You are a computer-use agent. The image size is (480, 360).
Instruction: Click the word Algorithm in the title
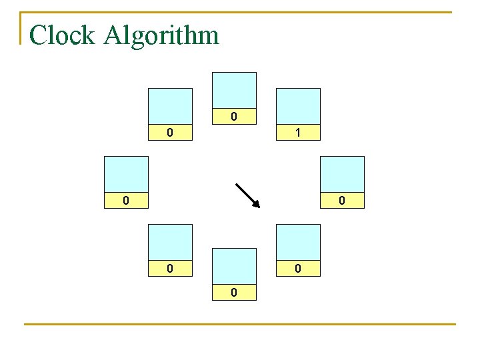point(161,36)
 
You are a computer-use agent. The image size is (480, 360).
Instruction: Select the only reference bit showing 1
point(298,133)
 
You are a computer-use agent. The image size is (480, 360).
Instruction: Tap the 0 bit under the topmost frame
point(234,117)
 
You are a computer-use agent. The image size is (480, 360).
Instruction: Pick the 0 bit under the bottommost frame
point(234,293)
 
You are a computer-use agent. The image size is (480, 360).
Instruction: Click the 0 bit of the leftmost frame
point(126,201)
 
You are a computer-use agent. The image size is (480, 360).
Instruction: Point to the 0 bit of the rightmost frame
point(342,201)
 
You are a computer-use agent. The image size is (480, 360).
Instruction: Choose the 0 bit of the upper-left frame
point(170,133)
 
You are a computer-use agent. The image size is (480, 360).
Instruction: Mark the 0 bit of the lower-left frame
point(170,269)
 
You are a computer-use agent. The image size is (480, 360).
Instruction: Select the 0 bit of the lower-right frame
point(298,269)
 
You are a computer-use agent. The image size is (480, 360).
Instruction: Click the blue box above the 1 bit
point(298,107)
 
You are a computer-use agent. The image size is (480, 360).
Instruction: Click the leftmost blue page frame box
point(126,175)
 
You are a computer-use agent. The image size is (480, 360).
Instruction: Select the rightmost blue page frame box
point(342,175)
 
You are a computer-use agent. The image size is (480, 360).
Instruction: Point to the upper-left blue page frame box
point(170,107)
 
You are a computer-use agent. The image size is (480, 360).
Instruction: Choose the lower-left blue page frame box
point(170,243)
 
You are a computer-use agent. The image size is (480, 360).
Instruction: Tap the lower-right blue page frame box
point(298,243)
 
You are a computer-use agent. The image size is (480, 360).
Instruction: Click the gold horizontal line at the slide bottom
point(240,325)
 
